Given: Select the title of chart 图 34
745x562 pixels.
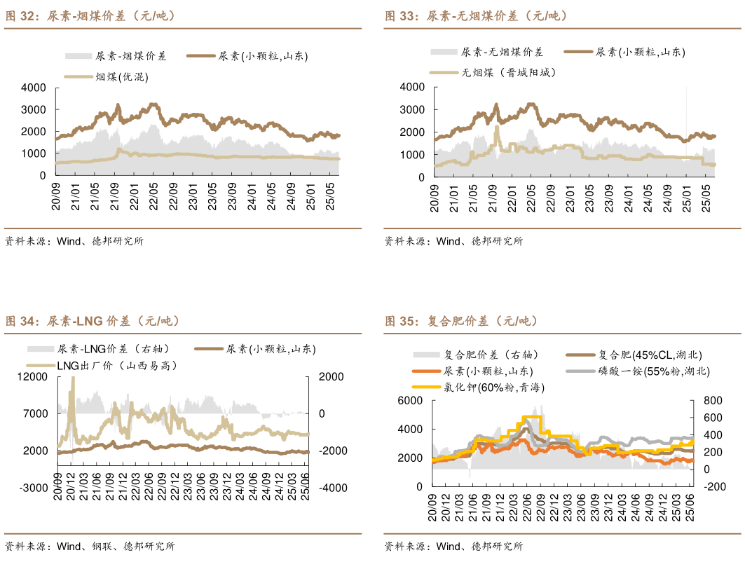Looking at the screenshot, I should pyautogui.click(x=93, y=321).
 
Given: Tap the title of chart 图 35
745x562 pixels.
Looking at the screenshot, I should pyautogui.click(x=461, y=321).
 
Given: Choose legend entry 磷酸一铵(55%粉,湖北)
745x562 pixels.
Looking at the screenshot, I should pyautogui.click(x=653, y=371).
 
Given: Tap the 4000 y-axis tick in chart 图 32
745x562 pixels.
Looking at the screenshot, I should pyautogui.click(x=34, y=88).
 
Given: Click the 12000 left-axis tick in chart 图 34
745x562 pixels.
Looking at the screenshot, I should pyautogui.click(x=34, y=377).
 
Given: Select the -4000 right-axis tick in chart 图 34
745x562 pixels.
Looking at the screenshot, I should pyautogui.click(x=331, y=487).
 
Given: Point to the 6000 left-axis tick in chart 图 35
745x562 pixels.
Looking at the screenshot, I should pyautogui.click(x=411, y=401).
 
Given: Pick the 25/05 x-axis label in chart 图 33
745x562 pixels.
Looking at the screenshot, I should pyautogui.click(x=706, y=198).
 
